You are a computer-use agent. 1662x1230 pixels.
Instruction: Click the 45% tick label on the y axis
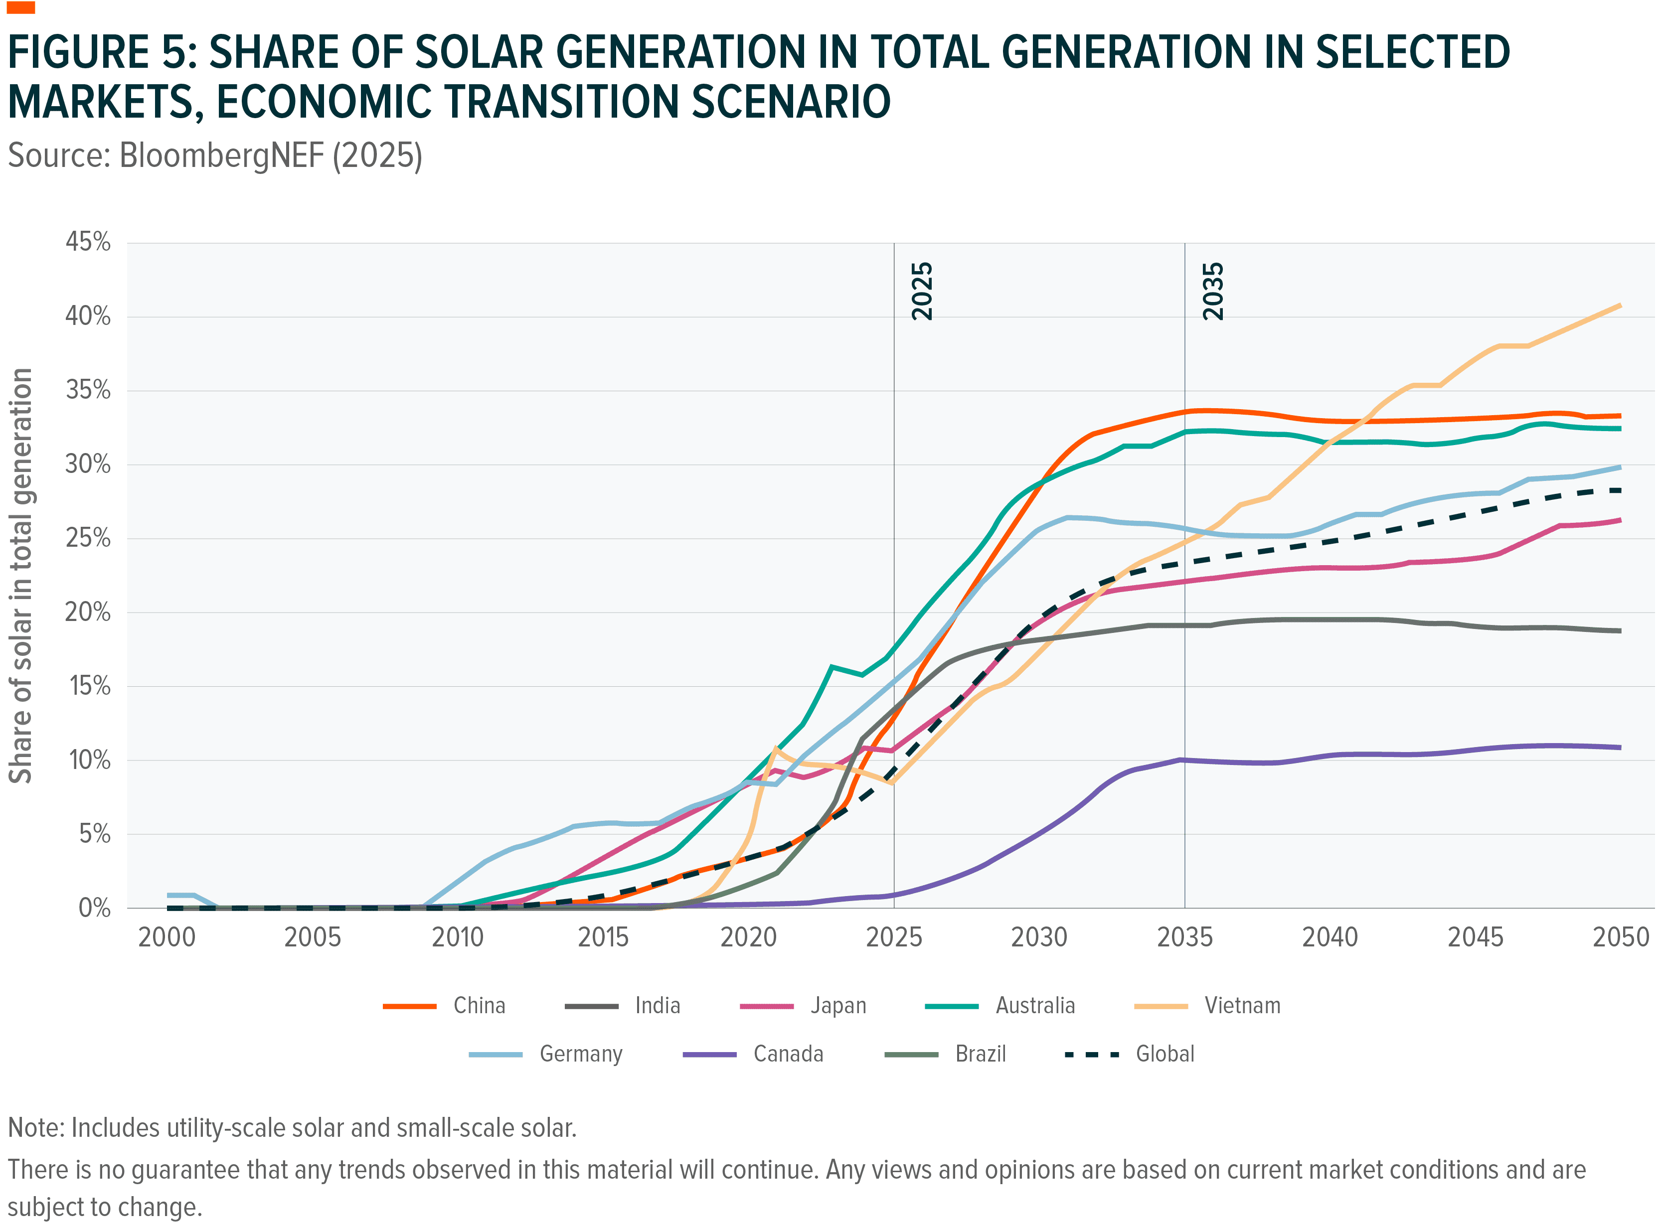pos(88,242)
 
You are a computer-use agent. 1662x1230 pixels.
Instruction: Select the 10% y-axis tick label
pos(89,760)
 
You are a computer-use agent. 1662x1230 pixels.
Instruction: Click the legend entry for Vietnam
pos(1242,1006)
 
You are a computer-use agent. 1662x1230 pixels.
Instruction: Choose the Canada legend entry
pos(788,1054)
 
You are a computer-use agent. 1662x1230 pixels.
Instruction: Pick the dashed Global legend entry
pos(1164,1054)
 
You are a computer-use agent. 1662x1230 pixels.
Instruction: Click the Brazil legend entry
pos(980,1054)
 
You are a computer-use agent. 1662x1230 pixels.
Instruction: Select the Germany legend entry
pos(580,1054)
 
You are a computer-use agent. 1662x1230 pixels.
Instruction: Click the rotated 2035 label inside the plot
pos(1213,291)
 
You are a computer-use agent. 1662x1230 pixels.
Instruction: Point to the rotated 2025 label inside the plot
pos(922,291)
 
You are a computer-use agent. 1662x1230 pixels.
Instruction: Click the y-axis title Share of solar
pos(21,575)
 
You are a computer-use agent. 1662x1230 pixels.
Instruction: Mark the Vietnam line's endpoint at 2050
pos(1620,306)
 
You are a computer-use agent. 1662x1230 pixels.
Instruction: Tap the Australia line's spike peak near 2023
pos(831,667)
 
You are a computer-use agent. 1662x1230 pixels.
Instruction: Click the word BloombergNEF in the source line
pos(221,155)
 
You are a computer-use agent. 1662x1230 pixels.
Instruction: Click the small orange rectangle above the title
pos(20,7)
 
